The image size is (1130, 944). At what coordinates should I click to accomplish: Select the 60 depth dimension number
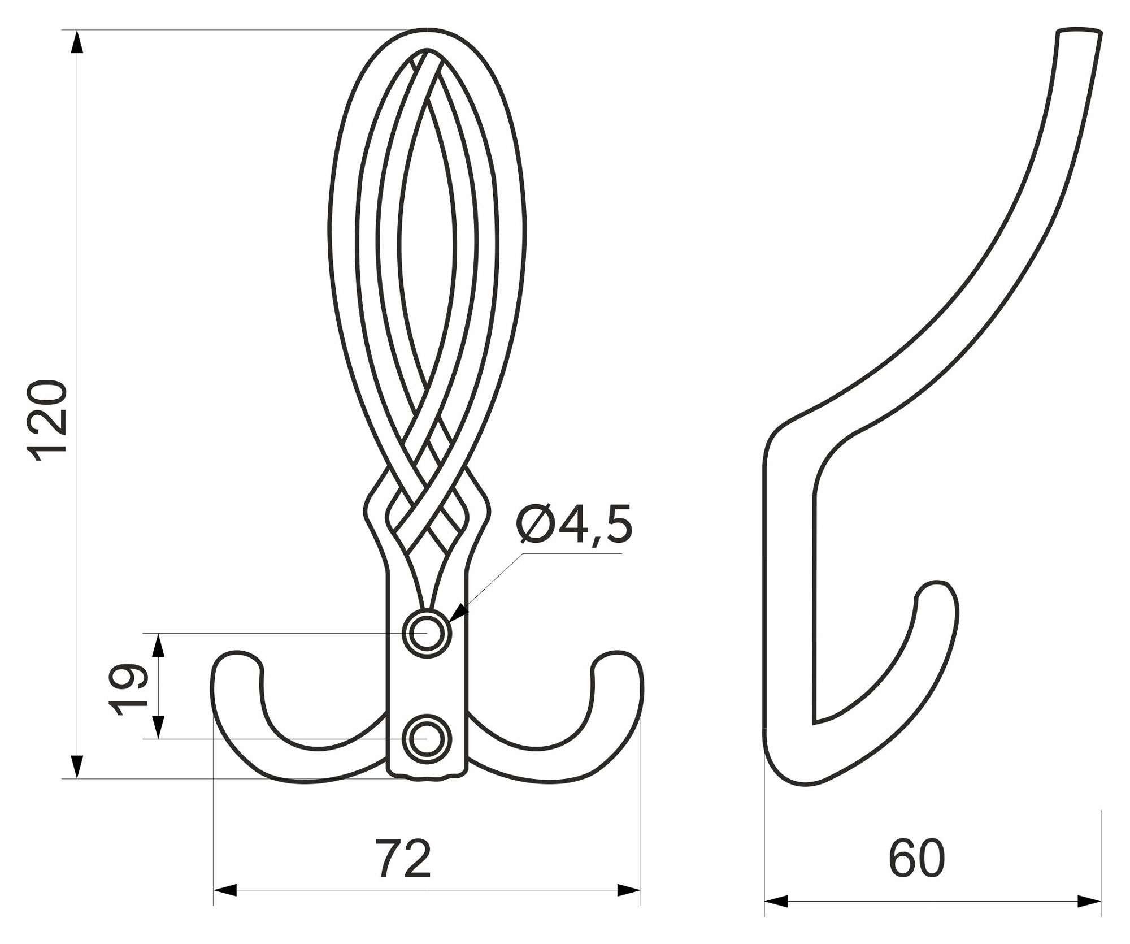(x=916, y=859)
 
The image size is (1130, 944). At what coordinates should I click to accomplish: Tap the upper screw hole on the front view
(x=427, y=634)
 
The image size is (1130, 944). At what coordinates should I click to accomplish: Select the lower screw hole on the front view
(x=427, y=738)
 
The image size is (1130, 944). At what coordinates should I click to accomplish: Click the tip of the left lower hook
(x=238, y=654)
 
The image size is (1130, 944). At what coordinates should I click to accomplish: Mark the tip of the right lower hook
(x=618, y=654)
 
